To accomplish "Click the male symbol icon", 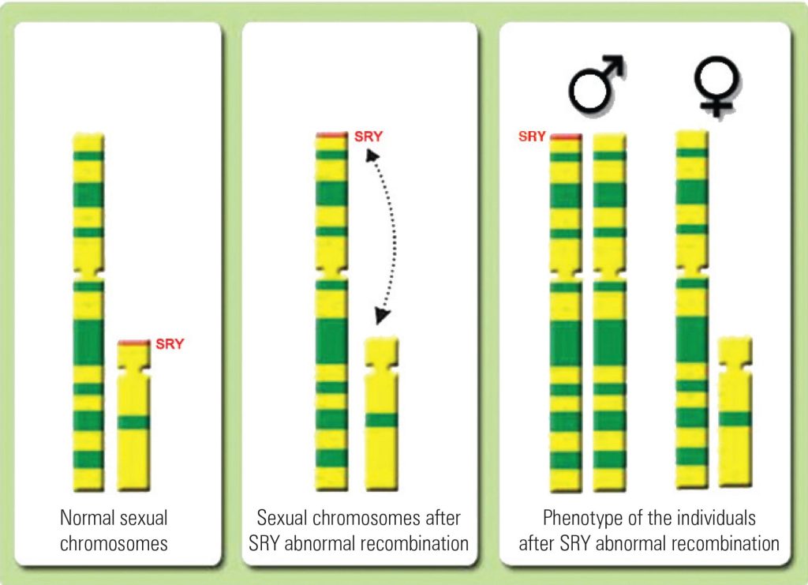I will point(597,83).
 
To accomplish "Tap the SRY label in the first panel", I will point(170,344).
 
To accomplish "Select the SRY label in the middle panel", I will point(368,136).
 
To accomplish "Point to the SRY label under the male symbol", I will point(532,137).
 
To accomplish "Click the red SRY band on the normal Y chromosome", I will point(133,343).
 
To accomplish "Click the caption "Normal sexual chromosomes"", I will point(114,531).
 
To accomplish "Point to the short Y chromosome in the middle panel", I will point(381,414).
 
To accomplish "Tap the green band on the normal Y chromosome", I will point(133,422).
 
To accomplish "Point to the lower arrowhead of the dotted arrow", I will point(381,318).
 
